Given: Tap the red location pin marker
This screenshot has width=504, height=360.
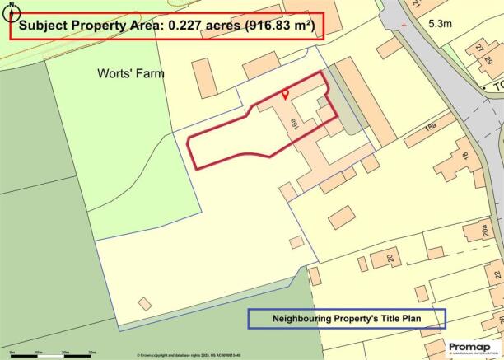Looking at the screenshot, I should tap(285, 94).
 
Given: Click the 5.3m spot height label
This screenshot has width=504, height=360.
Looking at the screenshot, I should tap(441, 26).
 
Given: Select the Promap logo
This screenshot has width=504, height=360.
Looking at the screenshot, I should tap(469, 347).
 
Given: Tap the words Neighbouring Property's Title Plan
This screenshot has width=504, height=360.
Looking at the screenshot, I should tap(347, 318).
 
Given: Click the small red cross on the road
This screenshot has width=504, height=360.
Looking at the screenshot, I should tap(404, 26).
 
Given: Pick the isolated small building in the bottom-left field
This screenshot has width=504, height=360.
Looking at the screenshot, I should tap(145, 304).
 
